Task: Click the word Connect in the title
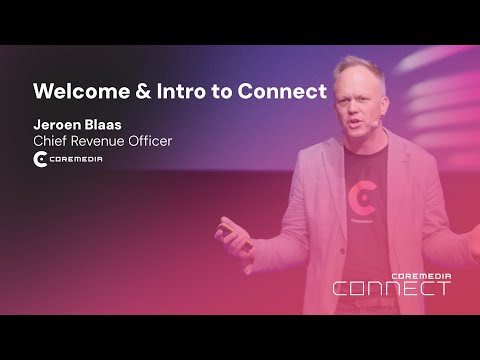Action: point(285,92)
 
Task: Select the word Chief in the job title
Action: point(51,141)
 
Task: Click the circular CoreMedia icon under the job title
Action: point(41,160)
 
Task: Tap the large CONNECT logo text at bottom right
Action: point(391,289)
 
